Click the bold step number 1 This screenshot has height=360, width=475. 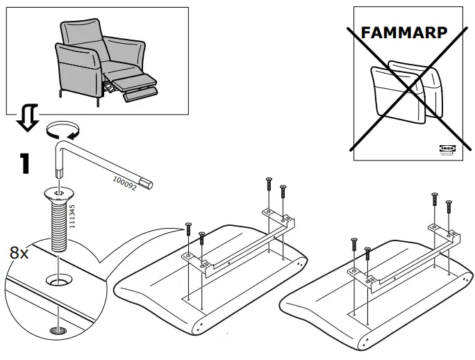click(x=24, y=164)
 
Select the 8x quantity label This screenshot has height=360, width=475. click(x=19, y=252)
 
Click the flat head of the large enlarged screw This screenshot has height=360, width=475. click(x=58, y=192)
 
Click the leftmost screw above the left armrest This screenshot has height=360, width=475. click(x=187, y=229)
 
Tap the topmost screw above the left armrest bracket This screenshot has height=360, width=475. click(x=268, y=184)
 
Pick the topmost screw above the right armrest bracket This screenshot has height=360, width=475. click(x=435, y=197)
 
